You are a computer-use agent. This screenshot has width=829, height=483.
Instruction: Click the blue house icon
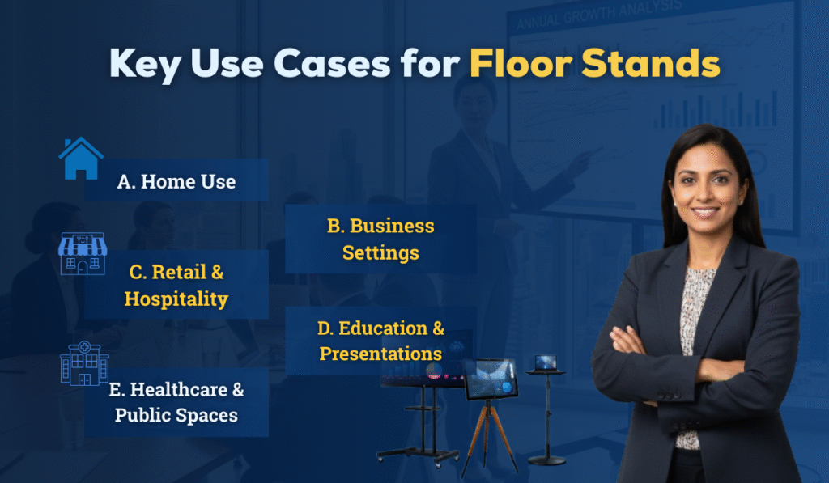point(81,159)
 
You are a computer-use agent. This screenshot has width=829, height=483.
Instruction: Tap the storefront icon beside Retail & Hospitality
point(83,254)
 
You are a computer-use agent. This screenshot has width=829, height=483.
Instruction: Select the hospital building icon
point(84,363)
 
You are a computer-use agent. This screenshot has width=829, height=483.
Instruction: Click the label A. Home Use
point(176,181)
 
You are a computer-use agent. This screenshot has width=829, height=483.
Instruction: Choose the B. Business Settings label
point(380,239)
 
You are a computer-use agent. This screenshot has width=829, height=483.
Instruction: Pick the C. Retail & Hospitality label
point(176,285)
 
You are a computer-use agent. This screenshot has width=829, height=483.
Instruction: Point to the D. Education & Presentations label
point(381,341)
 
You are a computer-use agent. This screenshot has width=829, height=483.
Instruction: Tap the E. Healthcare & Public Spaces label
point(176,402)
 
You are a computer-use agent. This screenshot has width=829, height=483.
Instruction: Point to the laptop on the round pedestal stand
point(546,362)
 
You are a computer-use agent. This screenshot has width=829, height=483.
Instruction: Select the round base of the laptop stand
point(546,460)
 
